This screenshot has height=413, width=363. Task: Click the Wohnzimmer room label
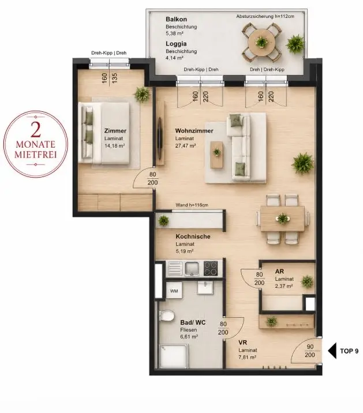click(194, 130)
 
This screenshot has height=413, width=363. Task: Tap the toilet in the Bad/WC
click(167, 316)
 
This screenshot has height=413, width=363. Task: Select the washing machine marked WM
click(174, 291)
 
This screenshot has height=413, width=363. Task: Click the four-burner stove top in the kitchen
click(211, 268)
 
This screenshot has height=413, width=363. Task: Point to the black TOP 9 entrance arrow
click(332, 351)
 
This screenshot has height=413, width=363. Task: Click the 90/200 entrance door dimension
click(310, 351)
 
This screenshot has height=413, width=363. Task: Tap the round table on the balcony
click(261, 42)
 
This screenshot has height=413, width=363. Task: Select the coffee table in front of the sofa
click(216, 155)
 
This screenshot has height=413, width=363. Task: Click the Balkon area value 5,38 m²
click(174, 33)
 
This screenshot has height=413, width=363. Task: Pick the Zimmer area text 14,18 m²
click(114, 146)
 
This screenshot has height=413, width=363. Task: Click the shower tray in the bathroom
click(174, 356)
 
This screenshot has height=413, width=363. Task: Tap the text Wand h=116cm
click(192, 205)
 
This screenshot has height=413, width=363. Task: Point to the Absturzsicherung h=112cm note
click(265, 16)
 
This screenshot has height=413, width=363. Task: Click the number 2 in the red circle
click(36, 130)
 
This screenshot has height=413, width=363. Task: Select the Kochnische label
click(193, 236)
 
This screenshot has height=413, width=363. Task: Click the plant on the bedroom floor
click(143, 94)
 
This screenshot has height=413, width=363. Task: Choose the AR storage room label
click(279, 271)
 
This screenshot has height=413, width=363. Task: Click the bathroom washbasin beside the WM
click(205, 288)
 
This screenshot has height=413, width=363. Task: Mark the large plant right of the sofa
click(302, 163)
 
